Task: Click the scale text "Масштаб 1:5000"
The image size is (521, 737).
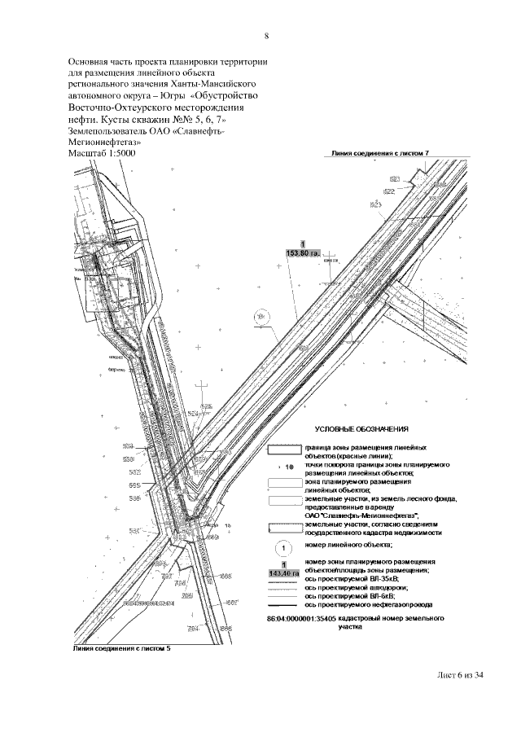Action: pyautogui.click(x=102, y=152)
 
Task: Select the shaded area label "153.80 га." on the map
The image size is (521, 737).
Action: pyautogui.click(x=303, y=253)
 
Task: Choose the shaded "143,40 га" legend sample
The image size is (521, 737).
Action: pyautogui.click(x=284, y=573)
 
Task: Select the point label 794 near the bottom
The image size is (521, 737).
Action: pyautogui.click(x=193, y=628)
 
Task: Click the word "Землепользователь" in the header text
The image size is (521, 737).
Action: pyautogui.click(x=107, y=129)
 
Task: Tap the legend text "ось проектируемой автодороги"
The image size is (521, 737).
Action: pyautogui.click(x=356, y=587)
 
